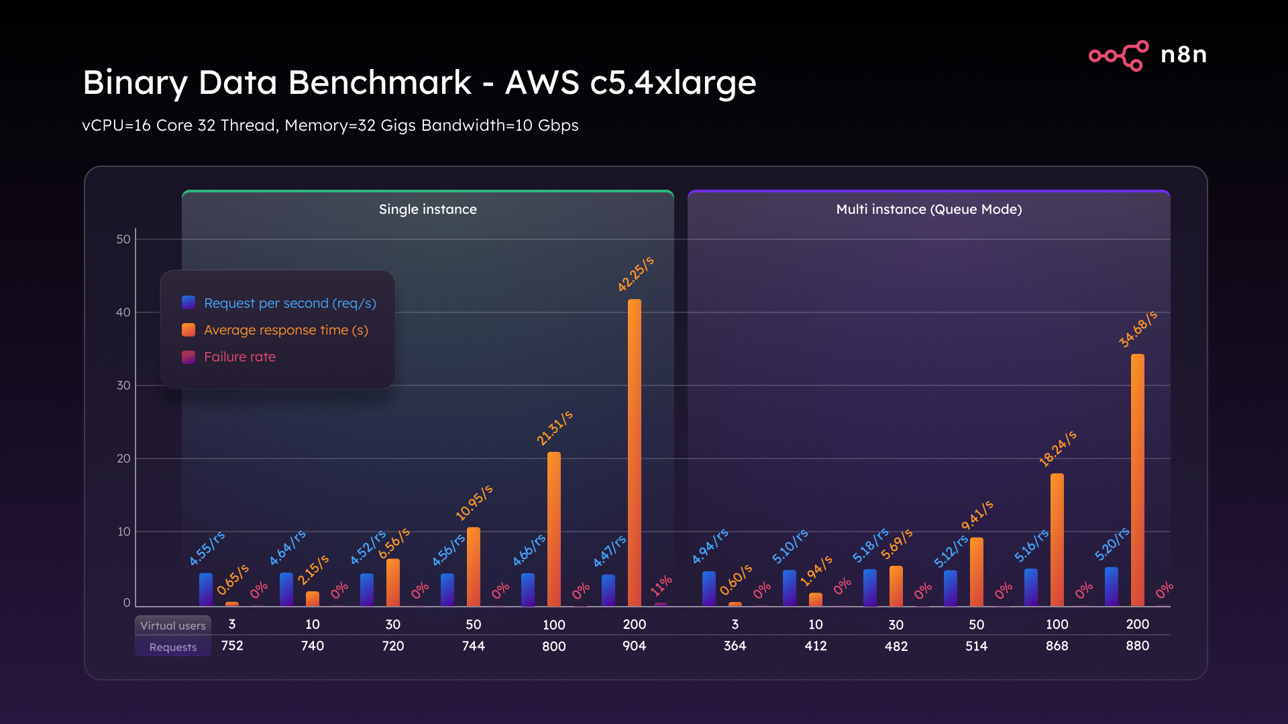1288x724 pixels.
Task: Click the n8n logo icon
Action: pyautogui.click(x=1118, y=55)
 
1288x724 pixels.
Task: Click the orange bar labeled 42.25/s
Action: pyautogui.click(x=634, y=452)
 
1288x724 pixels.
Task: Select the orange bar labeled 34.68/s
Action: pyautogui.click(x=1137, y=479)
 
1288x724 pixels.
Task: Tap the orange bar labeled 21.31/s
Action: pyautogui.click(x=553, y=529)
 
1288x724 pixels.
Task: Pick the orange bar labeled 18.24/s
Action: pyautogui.click(x=1057, y=540)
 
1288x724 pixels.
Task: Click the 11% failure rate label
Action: pyautogui.click(x=661, y=585)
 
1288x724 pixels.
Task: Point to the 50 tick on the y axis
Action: pyautogui.click(x=123, y=239)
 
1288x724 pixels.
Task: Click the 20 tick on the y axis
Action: pyautogui.click(x=123, y=459)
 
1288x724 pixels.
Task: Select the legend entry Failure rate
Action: pyautogui.click(x=239, y=357)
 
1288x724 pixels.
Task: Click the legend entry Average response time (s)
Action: pyautogui.click(x=286, y=330)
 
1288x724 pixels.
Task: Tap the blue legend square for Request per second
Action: pyautogui.click(x=189, y=303)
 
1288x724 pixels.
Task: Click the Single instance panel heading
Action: pyautogui.click(x=427, y=209)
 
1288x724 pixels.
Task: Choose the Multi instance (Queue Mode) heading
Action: pyautogui.click(x=928, y=209)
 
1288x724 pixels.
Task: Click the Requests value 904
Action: pyautogui.click(x=634, y=646)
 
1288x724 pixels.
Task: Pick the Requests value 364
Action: pyautogui.click(x=735, y=646)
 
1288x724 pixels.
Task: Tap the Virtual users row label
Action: pyautogui.click(x=173, y=625)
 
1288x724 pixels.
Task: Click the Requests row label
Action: pyautogui.click(x=173, y=647)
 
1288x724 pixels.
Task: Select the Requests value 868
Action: pyautogui.click(x=1057, y=646)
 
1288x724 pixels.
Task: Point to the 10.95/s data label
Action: pyautogui.click(x=474, y=502)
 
